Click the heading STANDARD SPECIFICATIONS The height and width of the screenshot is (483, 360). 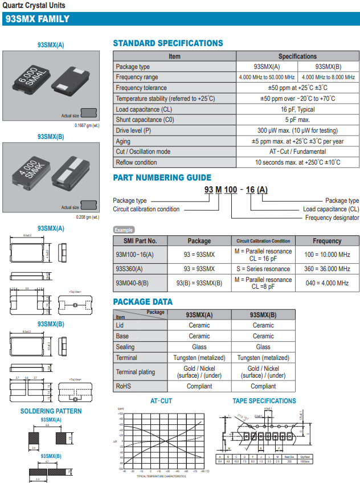(x=168, y=43)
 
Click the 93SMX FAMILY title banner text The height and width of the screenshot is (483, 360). (x=38, y=19)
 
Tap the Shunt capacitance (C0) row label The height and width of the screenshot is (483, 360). (x=141, y=120)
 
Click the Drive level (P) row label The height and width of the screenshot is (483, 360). (x=133, y=130)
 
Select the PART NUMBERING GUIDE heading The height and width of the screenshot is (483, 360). (x=162, y=178)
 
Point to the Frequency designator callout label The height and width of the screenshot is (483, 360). (x=332, y=218)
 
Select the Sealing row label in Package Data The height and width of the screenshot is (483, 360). (x=125, y=347)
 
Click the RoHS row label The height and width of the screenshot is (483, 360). (x=124, y=386)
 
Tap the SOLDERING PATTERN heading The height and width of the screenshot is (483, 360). (x=51, y=411)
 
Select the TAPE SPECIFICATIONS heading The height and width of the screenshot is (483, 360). (x=264, y=401)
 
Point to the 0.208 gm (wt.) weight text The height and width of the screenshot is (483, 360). (x=87, y=217)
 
